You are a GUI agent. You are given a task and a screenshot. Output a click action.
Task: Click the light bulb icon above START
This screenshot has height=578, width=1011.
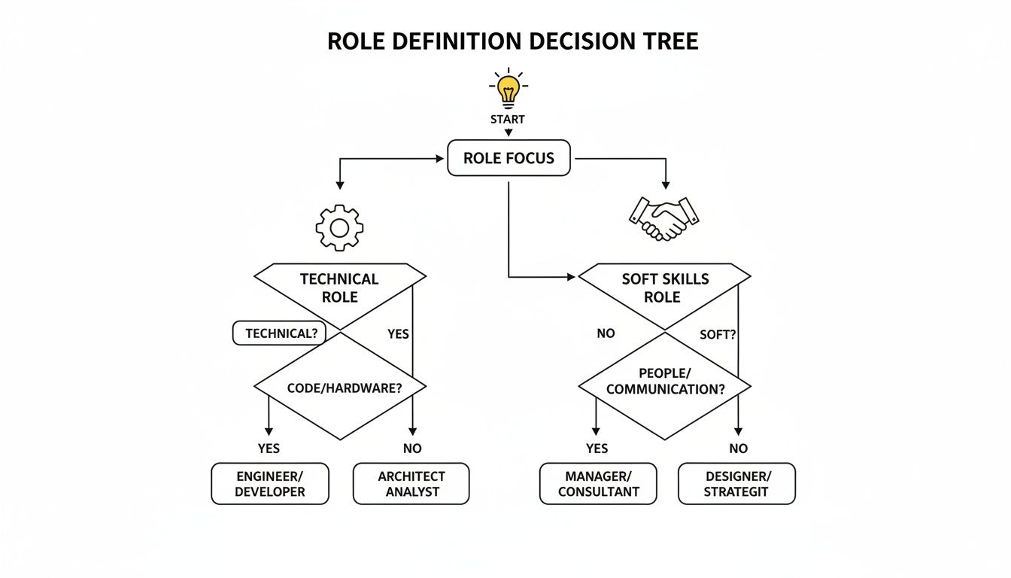(509, 90)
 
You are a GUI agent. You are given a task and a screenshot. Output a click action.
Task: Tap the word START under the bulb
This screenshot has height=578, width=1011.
(509, 119)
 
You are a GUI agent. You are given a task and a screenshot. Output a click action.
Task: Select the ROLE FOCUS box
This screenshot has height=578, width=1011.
(509, 158)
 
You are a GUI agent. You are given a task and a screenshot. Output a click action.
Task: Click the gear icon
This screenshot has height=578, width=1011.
(339, 227)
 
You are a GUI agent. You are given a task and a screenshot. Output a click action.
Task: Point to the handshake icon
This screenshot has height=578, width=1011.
(663, 218)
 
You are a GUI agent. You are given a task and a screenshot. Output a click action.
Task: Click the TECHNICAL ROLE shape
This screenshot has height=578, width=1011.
(340, 288)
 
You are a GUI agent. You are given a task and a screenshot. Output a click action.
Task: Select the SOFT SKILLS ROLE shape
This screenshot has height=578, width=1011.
(664, 288)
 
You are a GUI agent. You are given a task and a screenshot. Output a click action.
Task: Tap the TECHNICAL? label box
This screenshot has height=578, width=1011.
(279, 333)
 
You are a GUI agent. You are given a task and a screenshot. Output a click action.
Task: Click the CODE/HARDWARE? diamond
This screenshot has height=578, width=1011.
(340, 387)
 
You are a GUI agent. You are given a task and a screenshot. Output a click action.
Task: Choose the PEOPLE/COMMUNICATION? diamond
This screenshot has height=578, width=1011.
(664, 382)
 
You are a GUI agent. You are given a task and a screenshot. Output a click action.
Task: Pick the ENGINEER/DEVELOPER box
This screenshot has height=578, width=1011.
(270, 484)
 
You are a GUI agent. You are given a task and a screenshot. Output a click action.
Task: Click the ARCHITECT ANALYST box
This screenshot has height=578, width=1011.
(411, 484)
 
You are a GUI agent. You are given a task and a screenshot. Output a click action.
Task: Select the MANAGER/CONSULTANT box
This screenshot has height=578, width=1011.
(598, 484)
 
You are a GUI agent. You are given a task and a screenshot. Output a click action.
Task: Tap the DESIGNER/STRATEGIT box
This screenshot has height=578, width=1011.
(736, 484)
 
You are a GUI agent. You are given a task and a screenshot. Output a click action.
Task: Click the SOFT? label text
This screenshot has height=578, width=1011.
(718, 334)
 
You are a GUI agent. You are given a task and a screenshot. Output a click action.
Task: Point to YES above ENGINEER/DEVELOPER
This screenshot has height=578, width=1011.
(269, 449)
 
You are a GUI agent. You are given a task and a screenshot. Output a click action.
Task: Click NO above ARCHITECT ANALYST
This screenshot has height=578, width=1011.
(412, 449)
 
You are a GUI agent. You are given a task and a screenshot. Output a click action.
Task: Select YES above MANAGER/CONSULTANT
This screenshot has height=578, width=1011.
(597, 449)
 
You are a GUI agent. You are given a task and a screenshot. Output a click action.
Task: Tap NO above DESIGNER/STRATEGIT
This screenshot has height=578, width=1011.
(738, 449)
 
